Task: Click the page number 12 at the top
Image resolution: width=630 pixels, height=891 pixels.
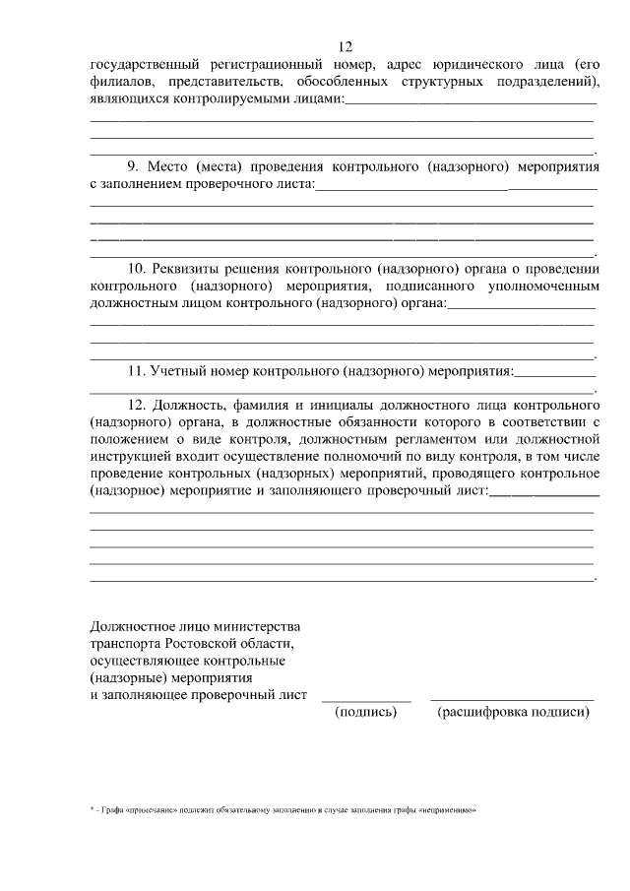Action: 345,47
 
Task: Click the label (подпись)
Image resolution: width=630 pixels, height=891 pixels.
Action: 365,712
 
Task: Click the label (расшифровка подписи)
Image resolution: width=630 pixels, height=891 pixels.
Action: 513,712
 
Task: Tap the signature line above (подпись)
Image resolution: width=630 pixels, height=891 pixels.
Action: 365,700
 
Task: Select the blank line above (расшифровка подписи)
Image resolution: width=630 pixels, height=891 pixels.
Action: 513,700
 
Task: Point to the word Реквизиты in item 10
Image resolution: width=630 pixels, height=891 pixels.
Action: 190,268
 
